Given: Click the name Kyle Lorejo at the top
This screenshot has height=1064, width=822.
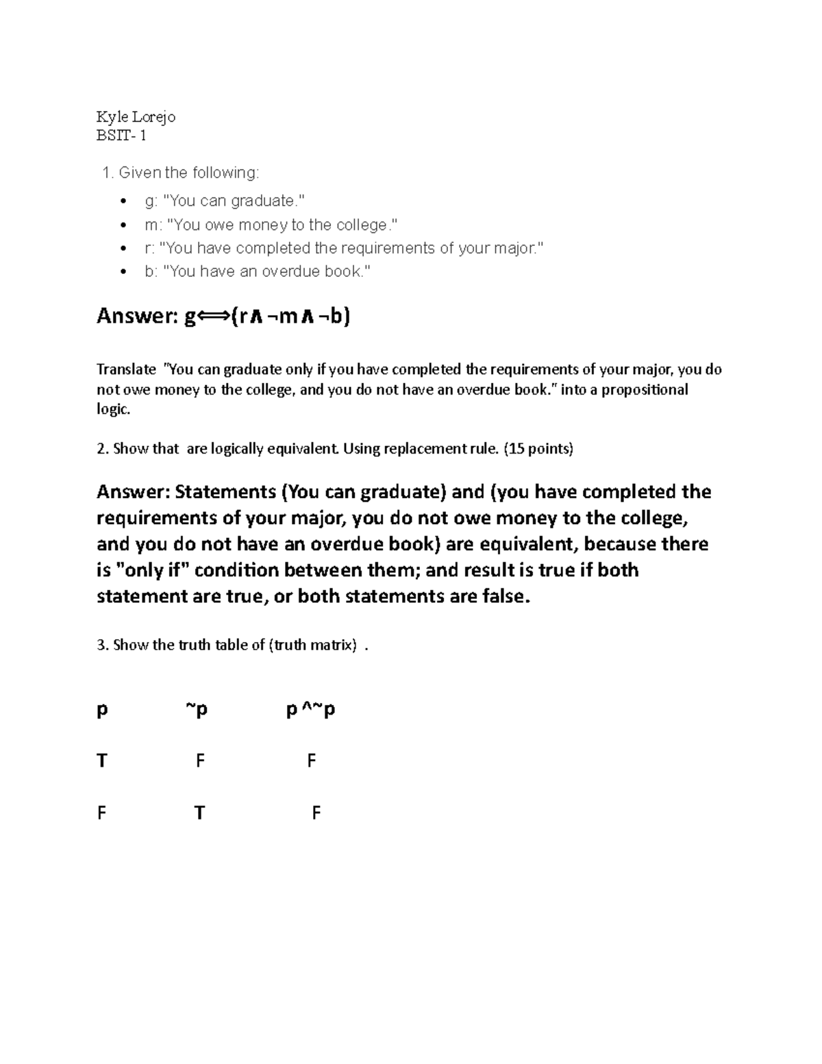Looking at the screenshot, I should tap(136, 116).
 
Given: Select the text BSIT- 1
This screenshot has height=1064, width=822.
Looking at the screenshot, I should tap(121, 136).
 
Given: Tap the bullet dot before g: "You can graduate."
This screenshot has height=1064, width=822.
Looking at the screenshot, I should tap(123, 201).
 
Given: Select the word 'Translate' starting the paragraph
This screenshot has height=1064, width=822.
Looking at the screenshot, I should tap(127, 370).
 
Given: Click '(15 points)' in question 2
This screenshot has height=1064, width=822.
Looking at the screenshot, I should tap(538, 449).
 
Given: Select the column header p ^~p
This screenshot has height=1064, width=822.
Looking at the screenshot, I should tap(310, 710).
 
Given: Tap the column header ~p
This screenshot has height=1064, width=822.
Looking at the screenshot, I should tap(196, 710).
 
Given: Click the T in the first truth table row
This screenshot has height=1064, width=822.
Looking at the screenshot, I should tap(102, 760).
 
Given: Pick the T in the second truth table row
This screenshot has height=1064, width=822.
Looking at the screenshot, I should tap(199, 813).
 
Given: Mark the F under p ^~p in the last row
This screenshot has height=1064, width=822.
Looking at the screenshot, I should tap(316, 813).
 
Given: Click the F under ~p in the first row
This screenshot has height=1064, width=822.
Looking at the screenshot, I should tap(200, 760).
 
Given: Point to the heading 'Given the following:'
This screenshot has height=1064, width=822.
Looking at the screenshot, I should tap(189, 173).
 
